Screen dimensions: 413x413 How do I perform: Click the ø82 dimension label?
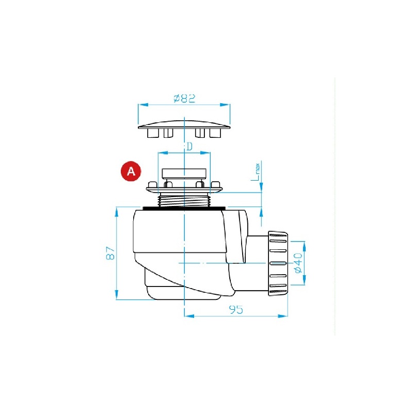pos(185,98)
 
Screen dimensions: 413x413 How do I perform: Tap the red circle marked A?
pos(131,171)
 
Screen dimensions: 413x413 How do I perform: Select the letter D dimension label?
pos(189,147)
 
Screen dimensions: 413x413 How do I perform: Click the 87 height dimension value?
pos(110,253)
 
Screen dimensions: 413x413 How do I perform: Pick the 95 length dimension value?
pos(236,309)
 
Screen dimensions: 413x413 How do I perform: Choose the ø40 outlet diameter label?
pos(298,263)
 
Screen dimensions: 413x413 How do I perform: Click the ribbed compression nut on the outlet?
pos(278,263)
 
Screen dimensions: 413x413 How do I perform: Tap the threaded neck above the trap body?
pos(184,200)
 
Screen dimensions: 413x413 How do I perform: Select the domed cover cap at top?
pos(184,124)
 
